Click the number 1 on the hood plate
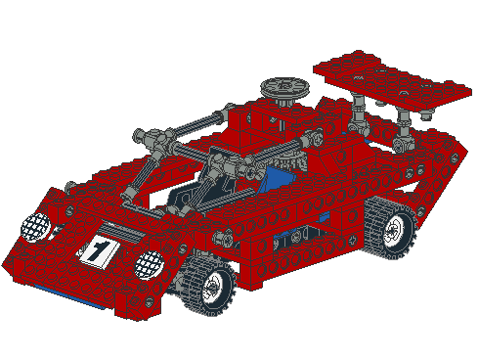coord(97,250)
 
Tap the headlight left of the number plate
coord(37,227)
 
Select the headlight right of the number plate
coord(149,262)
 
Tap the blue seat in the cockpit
coord(275,178)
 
